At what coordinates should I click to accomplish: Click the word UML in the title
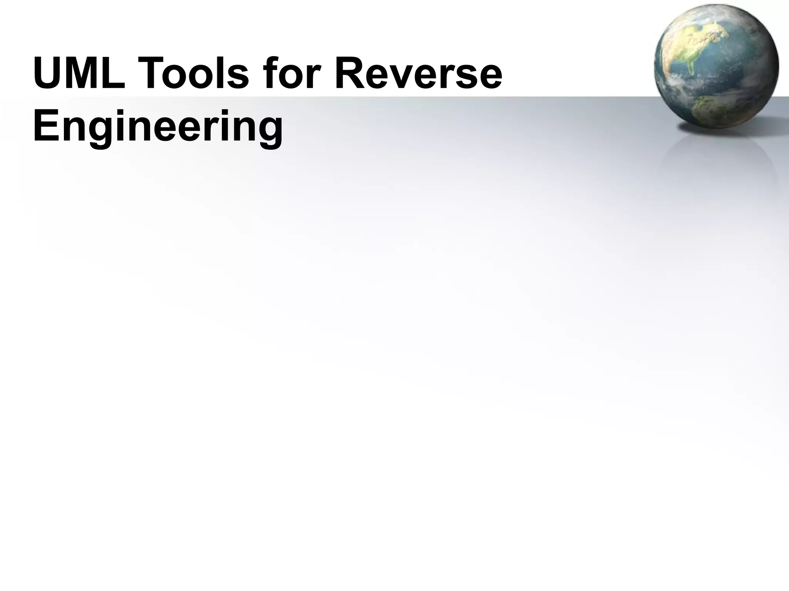(79, 73)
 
